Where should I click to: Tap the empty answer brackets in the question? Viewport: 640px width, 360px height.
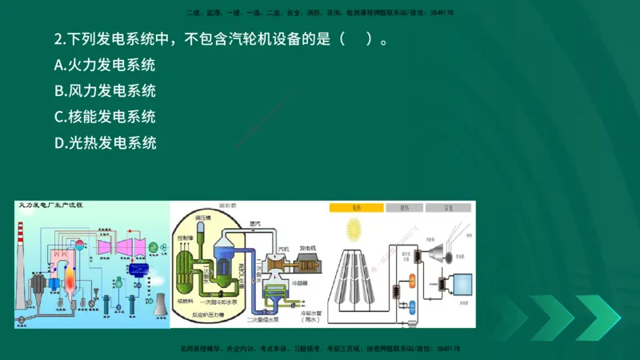(357, 39)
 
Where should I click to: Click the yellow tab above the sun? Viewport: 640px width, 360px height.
(354, 207)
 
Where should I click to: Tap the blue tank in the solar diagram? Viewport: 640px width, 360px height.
(411, 309)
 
